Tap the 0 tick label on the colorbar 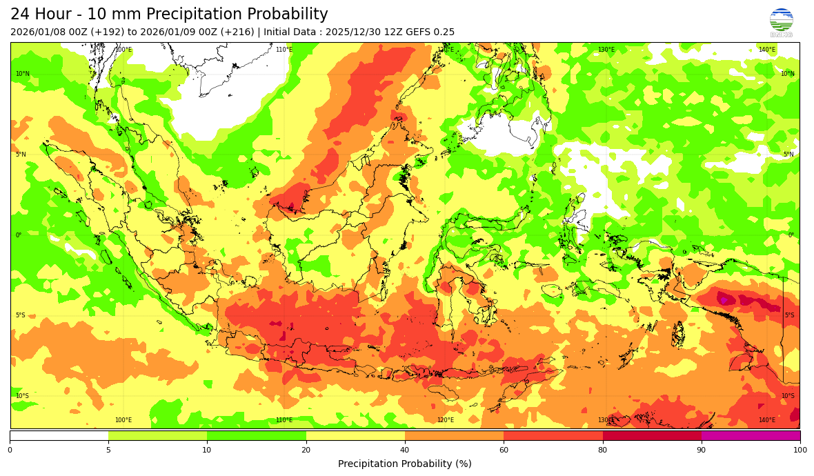[10, 450]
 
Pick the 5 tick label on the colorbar [108, 450]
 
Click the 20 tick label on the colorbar [306, 450]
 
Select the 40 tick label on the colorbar [405, 450]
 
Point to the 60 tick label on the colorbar [504, 450]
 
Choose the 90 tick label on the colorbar [702, 450]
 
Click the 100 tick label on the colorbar [800, 450]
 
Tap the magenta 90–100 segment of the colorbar [751, 435]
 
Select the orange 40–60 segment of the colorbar [454, 435]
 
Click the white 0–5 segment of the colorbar [59, 435]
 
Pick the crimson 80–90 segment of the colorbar [652, 435]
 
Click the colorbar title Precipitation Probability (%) [405, 464]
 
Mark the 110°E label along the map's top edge [284, 50]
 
